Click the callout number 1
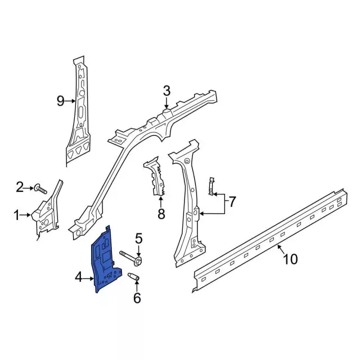click(x=16, y=214)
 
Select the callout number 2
click(x=20, y=187)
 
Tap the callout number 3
click(x=166, y=91)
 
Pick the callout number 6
click(x=137, y=297)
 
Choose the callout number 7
click(x=233, y=200)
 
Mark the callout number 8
click(x=161, y=214)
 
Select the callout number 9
click(x=61, y=101)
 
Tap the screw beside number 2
click(x=39, y=188)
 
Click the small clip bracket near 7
click(x=211, y=186)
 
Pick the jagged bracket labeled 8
click(x=157, y=178)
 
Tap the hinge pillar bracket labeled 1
click(x=48, y=211)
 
